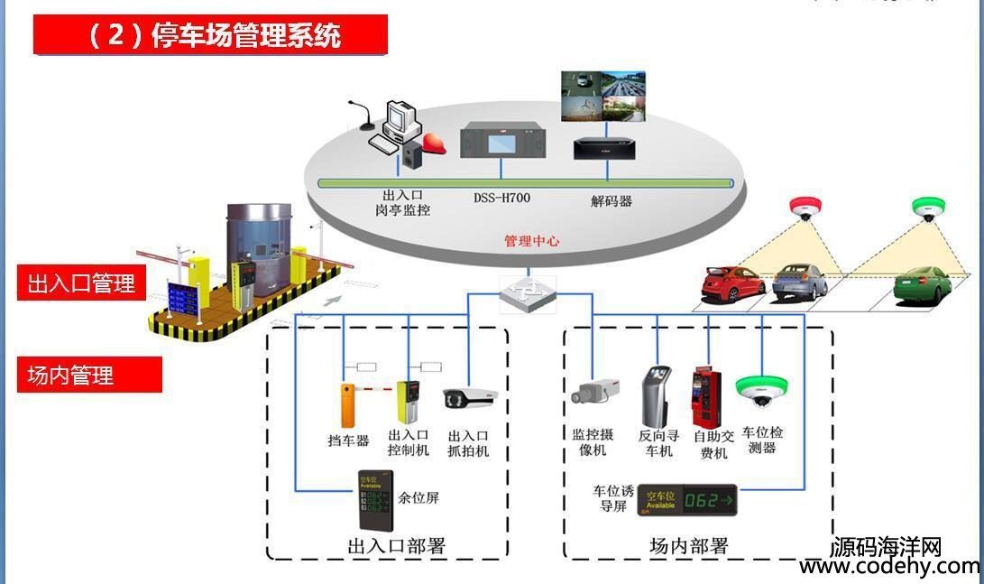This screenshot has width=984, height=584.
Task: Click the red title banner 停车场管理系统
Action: (210, 35)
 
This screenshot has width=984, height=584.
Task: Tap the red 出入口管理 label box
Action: (81, 284)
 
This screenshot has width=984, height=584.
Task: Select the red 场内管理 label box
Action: (81, 375)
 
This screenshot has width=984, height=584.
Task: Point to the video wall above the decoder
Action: (603, 96)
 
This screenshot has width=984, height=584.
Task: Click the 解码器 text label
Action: (612, 201)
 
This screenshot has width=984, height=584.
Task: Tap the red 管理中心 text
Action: (531, 241)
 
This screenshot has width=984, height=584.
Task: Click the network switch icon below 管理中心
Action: (528, 292)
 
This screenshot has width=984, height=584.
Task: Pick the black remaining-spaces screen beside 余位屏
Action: (376, 502)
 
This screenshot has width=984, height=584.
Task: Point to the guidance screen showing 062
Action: (687, 499)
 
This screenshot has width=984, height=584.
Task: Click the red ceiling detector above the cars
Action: (802, 209)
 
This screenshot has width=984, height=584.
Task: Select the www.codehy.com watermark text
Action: (888, 567)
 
